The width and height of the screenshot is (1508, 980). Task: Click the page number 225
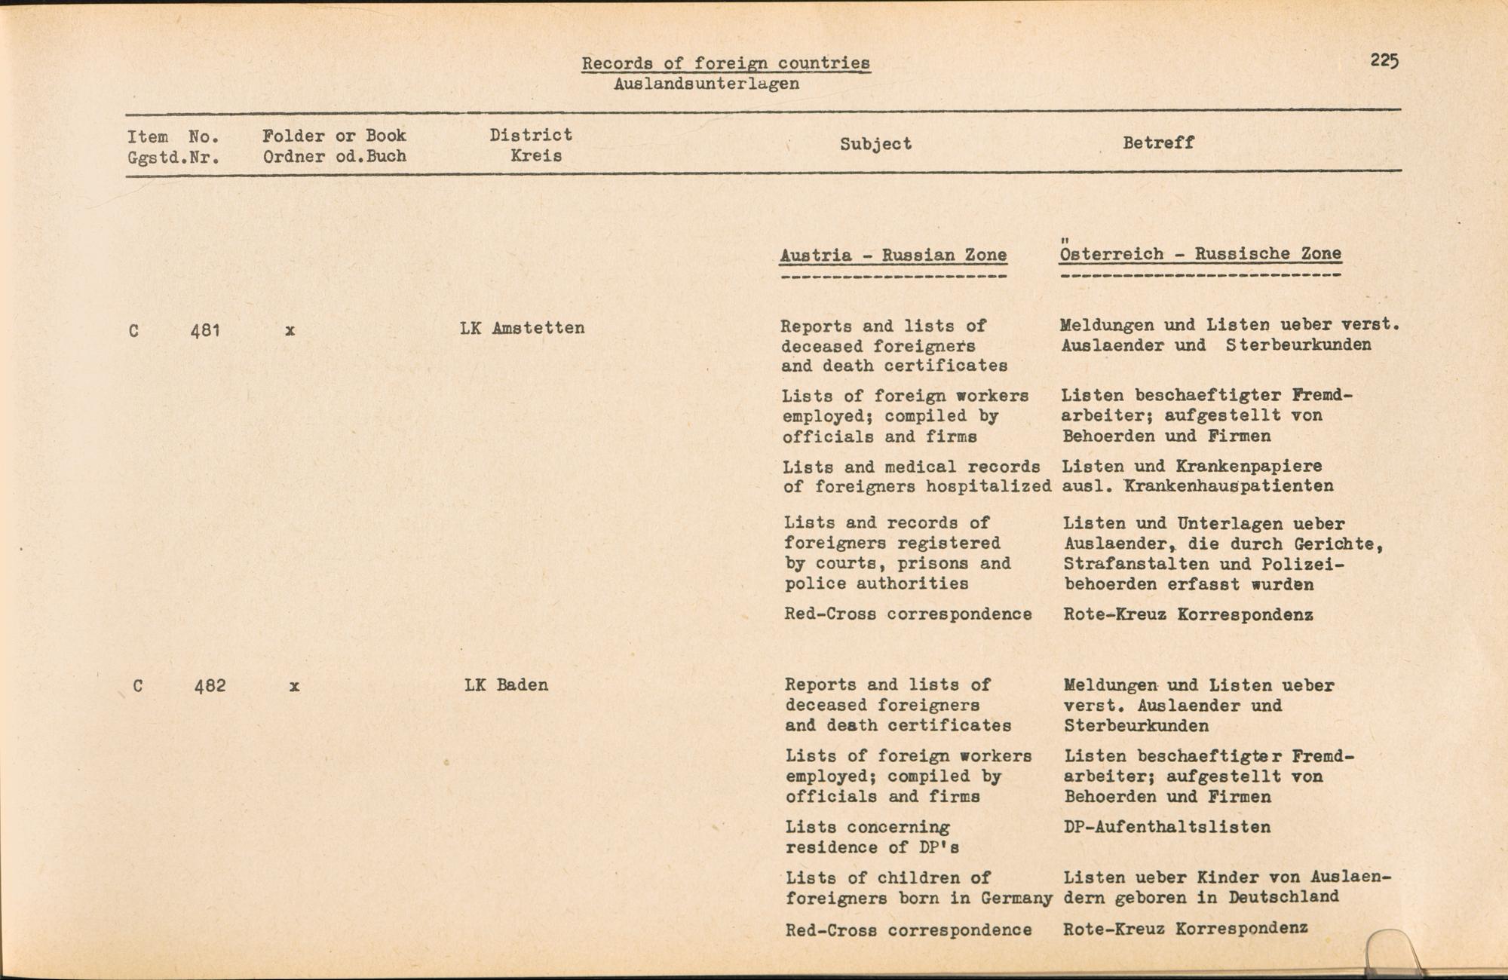pyautogui.click(x=1384, y=60)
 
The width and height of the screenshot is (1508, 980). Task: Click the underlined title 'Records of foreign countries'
pyautogui.click(x=725, y=63)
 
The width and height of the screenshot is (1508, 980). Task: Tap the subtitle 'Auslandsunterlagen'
pyautogui.click(x=706, y=84)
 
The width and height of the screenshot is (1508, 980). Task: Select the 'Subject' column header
pyautogui.click(x=875, y=144)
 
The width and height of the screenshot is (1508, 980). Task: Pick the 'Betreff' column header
pyautogui.click(x=1158, y=142)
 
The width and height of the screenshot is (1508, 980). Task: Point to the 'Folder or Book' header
pyautogui.click(x=334, y=136)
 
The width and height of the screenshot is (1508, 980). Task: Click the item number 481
pyautogui.click(x=205, y=329)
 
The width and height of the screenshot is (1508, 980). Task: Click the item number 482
pyautogui.click(x=210, y=686)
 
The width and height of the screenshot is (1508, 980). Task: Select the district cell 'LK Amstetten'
pyautogui.click(x=522, y=328)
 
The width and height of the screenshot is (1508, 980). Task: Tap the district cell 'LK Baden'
pyautogui.click(x=506, y=685)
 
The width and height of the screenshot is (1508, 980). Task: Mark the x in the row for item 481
pyautogui.click(x=290, y=330)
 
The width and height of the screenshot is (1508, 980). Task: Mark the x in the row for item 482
pyautogui.click(x=294, y=687)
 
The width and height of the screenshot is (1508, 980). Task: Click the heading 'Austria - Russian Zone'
pyautogui.click(x=893, y=255)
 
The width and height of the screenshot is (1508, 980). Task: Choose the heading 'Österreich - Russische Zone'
pyautogui.click(x=1200, y=253)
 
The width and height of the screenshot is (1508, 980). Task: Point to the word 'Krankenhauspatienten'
pyautogui.click(x=1228, y=486)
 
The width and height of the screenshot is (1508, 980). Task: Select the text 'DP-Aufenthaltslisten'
pyautogui.click(x=1167, y=827)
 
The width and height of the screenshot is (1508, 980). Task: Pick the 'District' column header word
pyautogui.click(x=531, y=135)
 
